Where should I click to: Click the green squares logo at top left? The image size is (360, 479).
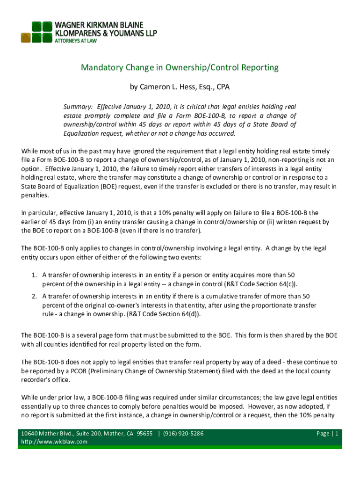coord(36,32)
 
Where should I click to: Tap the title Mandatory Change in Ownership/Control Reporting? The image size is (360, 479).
coord(180,67)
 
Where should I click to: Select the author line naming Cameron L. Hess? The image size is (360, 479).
coord(180,87)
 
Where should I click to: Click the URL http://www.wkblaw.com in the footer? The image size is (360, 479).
coord(54,442)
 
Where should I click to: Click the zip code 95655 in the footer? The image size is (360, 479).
coord(143,434)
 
